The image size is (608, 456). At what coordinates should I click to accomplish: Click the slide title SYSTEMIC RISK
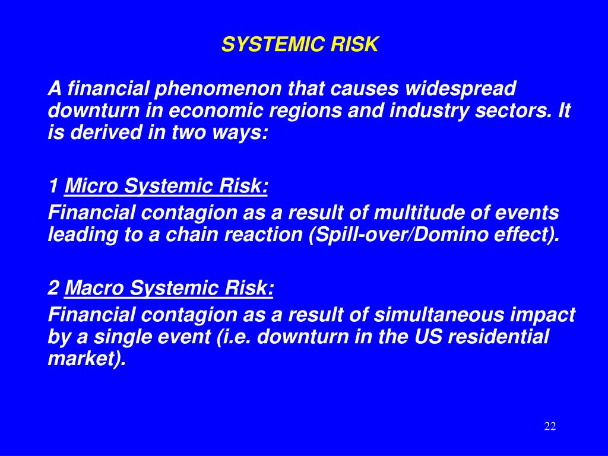[x=300, y=45]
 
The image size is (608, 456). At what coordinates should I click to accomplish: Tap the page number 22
[x=550, y=426]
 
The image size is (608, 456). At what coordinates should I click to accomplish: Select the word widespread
[x=461, y=89]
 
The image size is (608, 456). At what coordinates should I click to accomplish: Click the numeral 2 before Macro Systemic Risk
[x=53, y=289]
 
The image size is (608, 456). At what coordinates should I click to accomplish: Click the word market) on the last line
[x=87, y=359]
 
